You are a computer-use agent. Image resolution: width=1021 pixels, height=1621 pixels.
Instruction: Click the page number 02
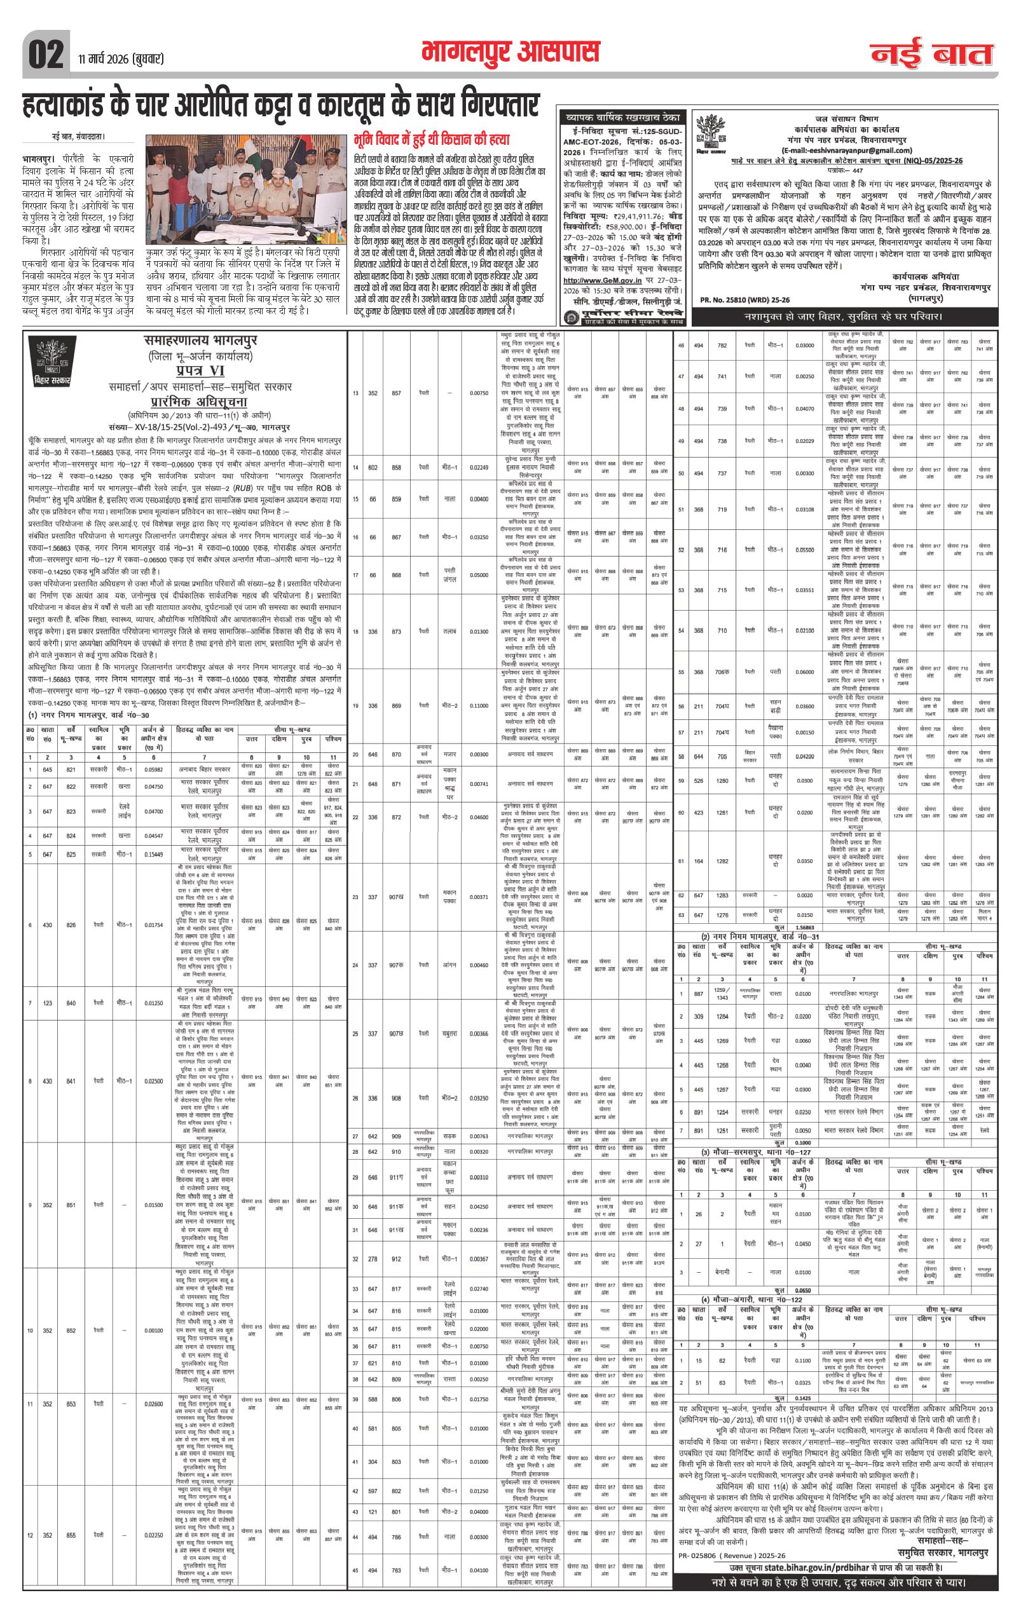[x=46, y=55]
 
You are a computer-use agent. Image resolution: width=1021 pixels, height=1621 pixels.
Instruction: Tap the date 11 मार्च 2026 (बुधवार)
[x=121, y=58]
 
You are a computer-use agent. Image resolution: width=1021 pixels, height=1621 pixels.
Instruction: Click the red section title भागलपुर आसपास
[x=510, y=52]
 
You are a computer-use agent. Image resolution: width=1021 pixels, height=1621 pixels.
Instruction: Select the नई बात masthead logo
[x=931, y=54]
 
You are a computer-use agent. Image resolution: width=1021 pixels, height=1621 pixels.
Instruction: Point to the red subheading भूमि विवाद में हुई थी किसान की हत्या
[x=431, y=140]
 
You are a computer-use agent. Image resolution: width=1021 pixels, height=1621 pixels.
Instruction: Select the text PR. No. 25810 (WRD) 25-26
[x=744, y=299]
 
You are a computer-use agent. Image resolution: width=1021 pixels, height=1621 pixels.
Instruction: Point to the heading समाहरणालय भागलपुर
[x=200, y=341]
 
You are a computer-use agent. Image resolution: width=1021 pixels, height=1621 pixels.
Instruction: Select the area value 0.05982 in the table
[x=154, y=769]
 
